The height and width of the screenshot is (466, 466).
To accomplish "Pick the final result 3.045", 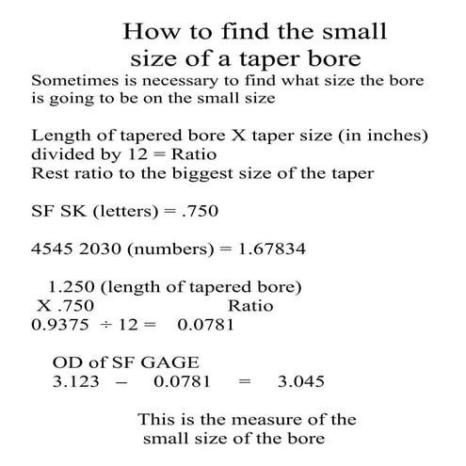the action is (x=301, y=381).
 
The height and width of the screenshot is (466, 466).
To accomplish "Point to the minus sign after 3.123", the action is (x=120, y=381).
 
